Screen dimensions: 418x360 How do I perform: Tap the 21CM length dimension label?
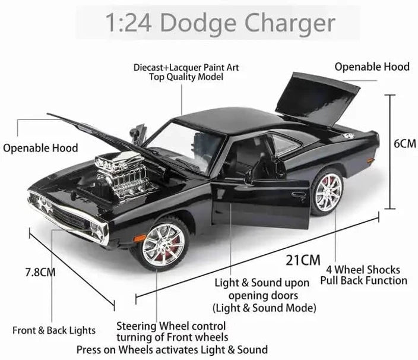pos(303,260)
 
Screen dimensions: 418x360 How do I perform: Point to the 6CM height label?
pos(405,144)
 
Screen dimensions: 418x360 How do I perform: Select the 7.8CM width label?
pos(40,272)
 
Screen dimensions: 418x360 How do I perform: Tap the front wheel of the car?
pos(163,244)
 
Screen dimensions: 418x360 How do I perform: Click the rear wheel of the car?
pos(327,191)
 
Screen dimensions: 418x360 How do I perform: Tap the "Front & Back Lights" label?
pos(54,330)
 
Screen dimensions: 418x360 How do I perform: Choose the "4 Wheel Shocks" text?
pos(363,270)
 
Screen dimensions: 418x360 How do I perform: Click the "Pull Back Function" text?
pos(363,280)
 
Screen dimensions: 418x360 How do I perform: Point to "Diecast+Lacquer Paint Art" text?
pos(186,67)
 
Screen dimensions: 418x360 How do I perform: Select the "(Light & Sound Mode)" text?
pos(264,308)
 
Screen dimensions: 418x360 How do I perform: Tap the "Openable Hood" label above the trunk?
pos(372,67)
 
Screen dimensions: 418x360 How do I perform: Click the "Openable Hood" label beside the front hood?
pos(40,148)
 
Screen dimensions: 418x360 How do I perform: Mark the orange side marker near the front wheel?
pos(140,238)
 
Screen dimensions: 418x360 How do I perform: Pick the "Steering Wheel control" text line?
pos(171,326)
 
